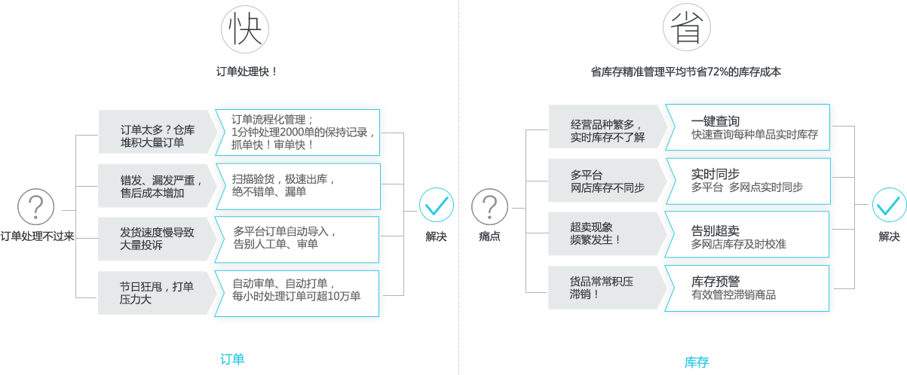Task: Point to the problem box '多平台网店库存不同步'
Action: (x=608, y=181)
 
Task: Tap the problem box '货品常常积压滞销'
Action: (x=608, y=288)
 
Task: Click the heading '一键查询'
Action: (x=715, y=121)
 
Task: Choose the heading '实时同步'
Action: (x=715, y=174)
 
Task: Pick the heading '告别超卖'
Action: (x=715, y=229)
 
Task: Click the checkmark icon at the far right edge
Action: (x=890, y=205)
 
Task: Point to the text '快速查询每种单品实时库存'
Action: (x=755, y=136)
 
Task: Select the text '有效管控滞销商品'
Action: (x=734, y=295)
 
